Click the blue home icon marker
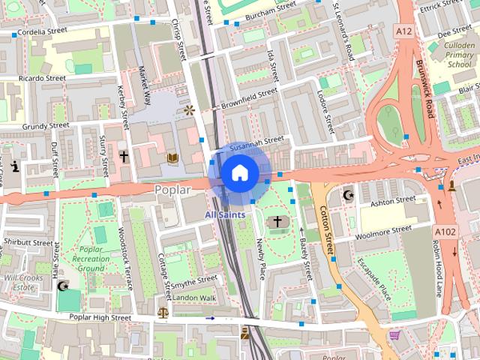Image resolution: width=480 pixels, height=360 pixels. coord(238,173)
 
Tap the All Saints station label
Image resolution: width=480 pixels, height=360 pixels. coord(225,214)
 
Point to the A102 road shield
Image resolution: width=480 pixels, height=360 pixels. coord(445,233)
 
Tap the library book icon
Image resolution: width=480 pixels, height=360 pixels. coord(172,157)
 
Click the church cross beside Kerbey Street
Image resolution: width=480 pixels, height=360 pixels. coord(124,157)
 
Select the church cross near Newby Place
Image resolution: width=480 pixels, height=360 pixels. coord(278,221)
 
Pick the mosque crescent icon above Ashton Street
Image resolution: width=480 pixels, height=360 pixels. coord(347,195)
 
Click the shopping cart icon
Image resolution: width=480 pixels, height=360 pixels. coord(394,334)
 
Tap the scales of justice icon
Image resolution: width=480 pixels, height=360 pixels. coord(163,310)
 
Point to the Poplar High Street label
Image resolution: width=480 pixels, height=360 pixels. coord(102,318)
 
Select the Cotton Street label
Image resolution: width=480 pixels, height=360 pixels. coord(327,232)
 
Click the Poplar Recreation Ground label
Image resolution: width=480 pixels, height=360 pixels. coord(91,259)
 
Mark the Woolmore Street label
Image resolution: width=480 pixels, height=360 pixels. coord(385,229)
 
